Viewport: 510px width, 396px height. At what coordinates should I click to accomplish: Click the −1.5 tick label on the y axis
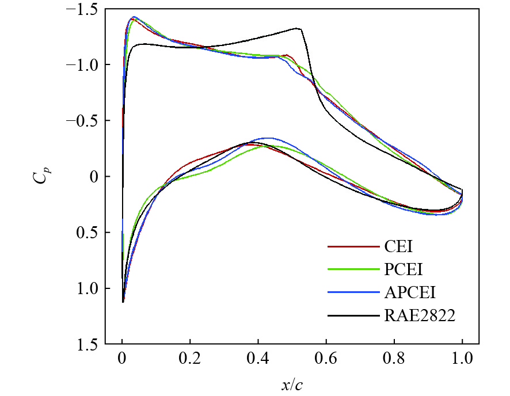tap(85, 10)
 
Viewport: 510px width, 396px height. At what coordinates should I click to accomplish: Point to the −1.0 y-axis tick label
tap(85, 65)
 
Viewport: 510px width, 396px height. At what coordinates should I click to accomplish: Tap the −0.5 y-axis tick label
tap(85, 121)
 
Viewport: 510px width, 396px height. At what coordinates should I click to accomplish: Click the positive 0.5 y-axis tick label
tap(89, 233)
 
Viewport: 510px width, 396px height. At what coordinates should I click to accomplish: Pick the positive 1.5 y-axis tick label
tap(89, 344)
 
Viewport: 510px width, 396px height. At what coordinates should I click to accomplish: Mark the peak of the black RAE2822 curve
tap(298, 28)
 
